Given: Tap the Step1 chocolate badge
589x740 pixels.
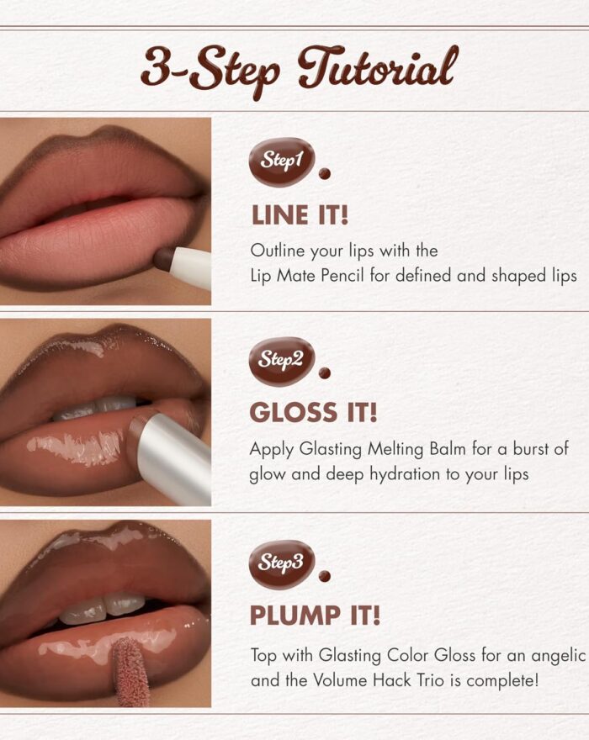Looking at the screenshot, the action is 282,161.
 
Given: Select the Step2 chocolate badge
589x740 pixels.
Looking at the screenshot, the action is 282,362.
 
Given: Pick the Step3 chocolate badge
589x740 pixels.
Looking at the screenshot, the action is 282,564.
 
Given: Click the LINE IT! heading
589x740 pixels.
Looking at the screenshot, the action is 300,215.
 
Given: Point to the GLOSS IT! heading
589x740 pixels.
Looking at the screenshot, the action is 314,413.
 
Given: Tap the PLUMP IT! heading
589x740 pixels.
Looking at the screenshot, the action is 315,616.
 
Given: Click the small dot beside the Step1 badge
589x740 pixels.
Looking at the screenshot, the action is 325,174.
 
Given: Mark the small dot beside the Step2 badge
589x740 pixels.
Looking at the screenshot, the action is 325,373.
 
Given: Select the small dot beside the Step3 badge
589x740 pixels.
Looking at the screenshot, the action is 325,576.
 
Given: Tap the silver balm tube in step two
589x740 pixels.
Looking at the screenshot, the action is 173,457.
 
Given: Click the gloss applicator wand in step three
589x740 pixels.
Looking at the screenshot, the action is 130,671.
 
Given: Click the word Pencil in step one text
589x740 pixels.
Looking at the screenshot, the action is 342,275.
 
